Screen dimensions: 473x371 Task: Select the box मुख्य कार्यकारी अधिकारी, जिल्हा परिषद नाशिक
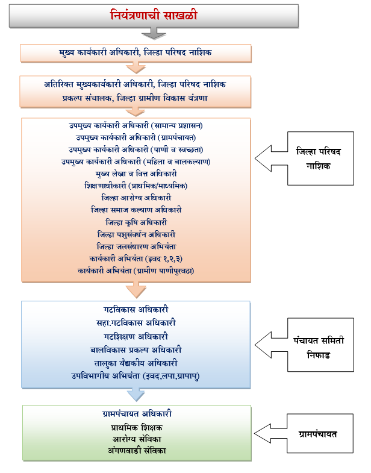(x=135, y=52)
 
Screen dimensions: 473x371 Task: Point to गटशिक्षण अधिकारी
(x=135, y=336)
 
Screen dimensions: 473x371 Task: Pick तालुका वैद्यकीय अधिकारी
(x=135, y=363)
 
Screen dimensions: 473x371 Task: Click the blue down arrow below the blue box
(x=137, y=394)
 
